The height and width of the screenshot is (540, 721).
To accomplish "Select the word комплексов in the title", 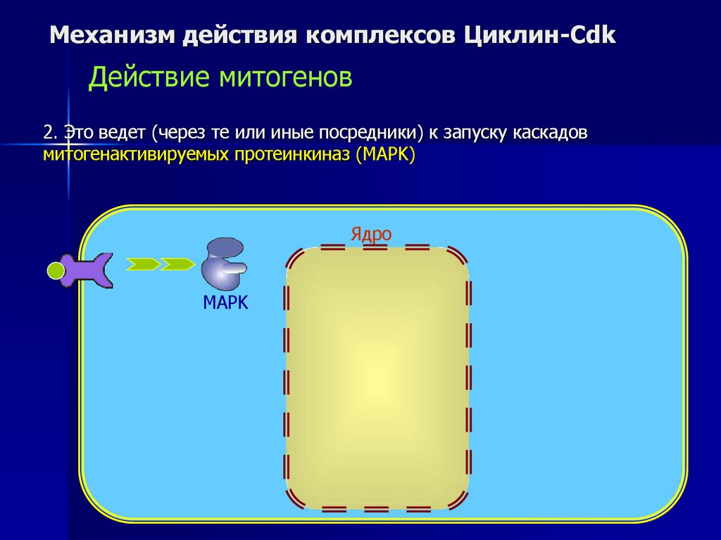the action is tap(380, 35).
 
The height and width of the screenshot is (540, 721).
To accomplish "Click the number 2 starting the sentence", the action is tap(47, 132).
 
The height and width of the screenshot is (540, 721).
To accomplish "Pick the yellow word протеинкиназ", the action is tap(288, 154).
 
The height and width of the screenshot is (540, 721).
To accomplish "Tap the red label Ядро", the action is tap(371, 234).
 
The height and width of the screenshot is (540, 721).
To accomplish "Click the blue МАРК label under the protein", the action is tap(226, 303).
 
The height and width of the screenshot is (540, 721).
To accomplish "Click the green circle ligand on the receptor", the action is tap(56, 270).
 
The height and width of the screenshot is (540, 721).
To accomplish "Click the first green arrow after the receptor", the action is tap(143, 264).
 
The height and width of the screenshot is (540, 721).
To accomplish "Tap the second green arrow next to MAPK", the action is tap(177, 264).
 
